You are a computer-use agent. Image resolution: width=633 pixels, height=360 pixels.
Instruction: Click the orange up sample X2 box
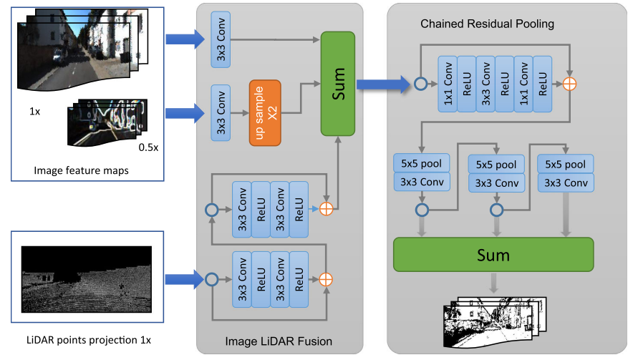tap(264, 112)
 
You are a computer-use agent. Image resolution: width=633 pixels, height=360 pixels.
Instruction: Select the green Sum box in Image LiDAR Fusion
tap(339, 84)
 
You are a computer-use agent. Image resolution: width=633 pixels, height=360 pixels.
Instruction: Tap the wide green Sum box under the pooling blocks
tap(493, 256)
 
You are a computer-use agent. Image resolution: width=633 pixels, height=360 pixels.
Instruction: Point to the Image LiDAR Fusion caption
tap(279, 341)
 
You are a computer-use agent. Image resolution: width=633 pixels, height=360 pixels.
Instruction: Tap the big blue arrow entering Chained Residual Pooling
tap(382, 84)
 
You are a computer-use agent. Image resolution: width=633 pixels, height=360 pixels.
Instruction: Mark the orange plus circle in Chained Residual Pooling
tap(569, 84)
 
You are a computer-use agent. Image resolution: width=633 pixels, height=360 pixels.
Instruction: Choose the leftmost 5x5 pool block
tap(421, 163)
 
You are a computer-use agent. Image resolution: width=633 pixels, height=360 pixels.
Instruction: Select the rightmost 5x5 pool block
tap(566, 165)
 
